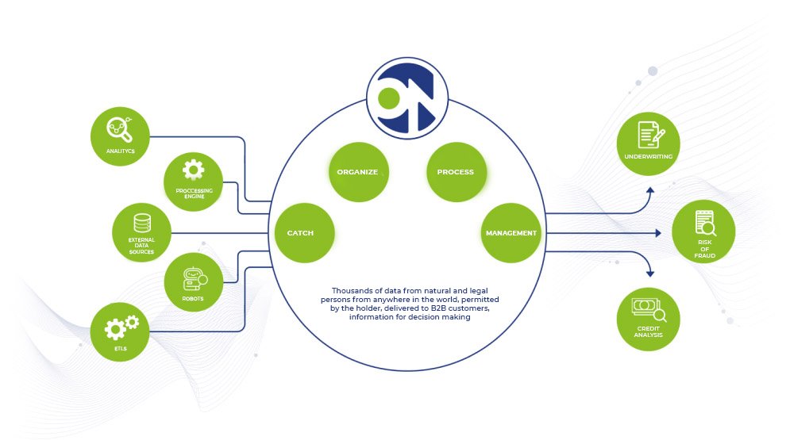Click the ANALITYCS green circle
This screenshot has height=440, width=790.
click(120, 136)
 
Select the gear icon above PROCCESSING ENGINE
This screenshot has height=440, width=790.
click(194, 170)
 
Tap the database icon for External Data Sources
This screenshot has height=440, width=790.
click(142, 224)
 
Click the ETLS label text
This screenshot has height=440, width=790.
click(121, 349)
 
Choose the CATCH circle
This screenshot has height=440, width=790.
click(304, 233)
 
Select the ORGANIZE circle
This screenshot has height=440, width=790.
click(359, 172)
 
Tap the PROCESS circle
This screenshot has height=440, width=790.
click(457, 172)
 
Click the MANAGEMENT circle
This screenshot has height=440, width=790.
click(511, 233)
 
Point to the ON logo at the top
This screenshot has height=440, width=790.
click(407, 98)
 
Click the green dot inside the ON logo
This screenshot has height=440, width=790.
click(388, 98)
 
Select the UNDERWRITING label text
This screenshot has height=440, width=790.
click(649, 156)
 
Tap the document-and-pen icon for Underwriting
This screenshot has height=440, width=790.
click(651, 135)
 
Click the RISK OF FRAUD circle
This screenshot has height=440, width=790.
click(703, 231)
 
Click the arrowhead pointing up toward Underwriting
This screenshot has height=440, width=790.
click(650, 190)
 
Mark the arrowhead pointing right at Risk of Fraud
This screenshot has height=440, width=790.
click(658, 233)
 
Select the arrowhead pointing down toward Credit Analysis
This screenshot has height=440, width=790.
click(650, 274)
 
